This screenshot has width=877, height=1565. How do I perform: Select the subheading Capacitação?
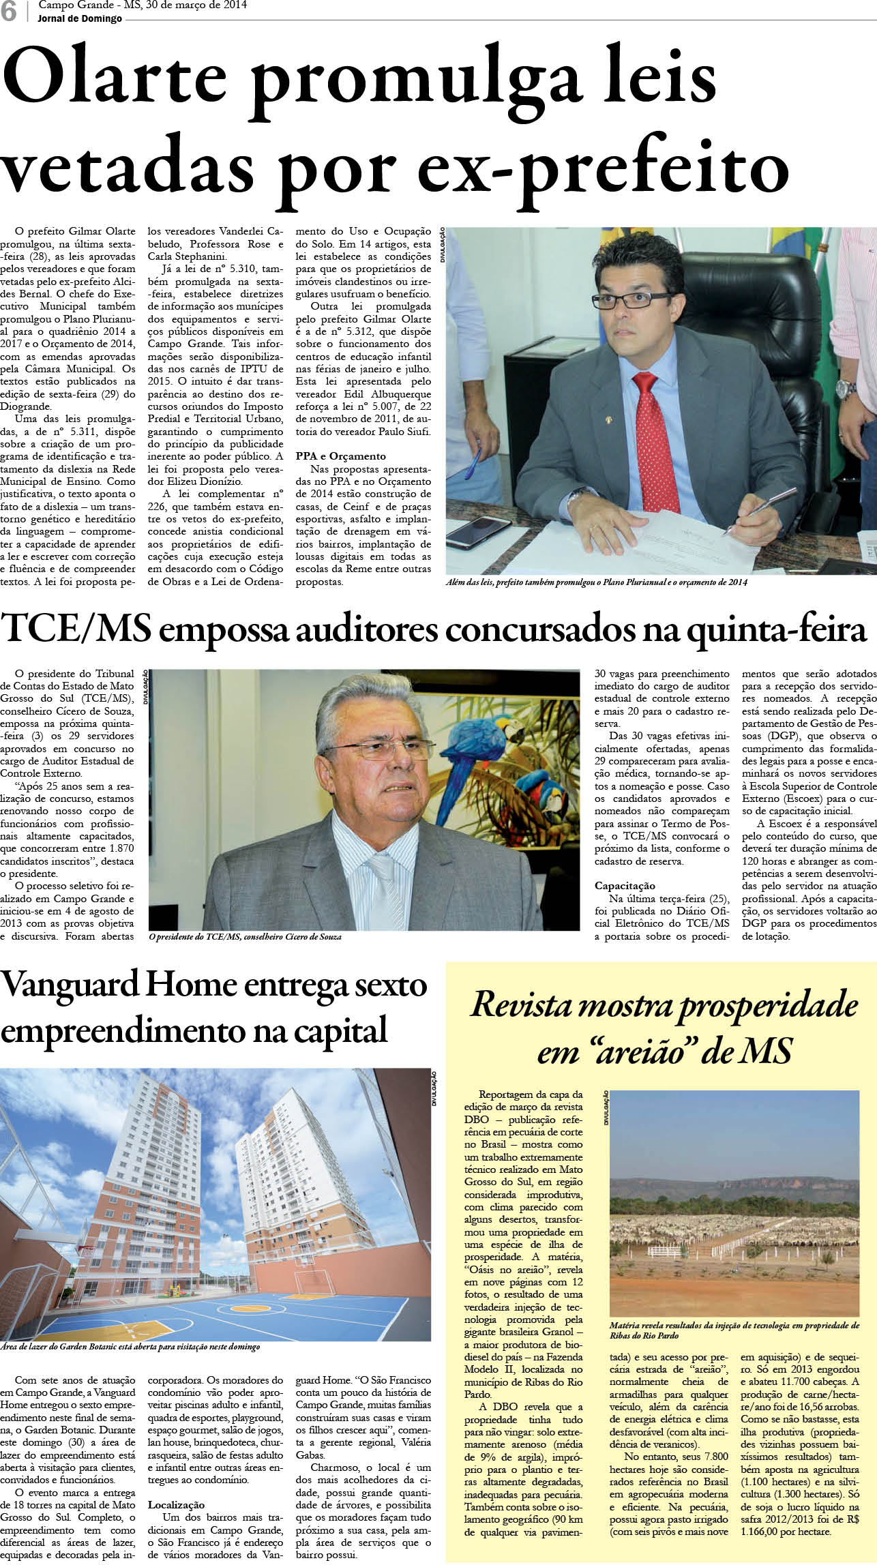(x=625, y=886)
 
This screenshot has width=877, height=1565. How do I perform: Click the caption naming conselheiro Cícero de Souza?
(x=246, y=937)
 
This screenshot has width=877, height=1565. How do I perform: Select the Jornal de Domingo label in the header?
(x=80, y=18)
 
